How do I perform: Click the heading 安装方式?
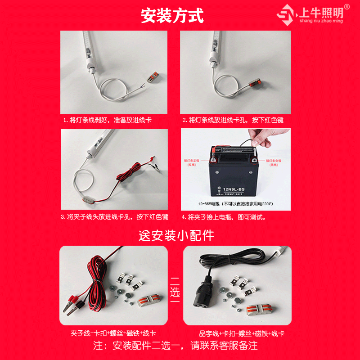(172, 16)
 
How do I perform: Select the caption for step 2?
(233, 121)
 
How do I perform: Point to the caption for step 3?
(114, 217)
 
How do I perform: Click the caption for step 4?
(224, 217)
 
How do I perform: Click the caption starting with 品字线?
(242, 333)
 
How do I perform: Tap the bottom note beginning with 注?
(175, 346)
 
